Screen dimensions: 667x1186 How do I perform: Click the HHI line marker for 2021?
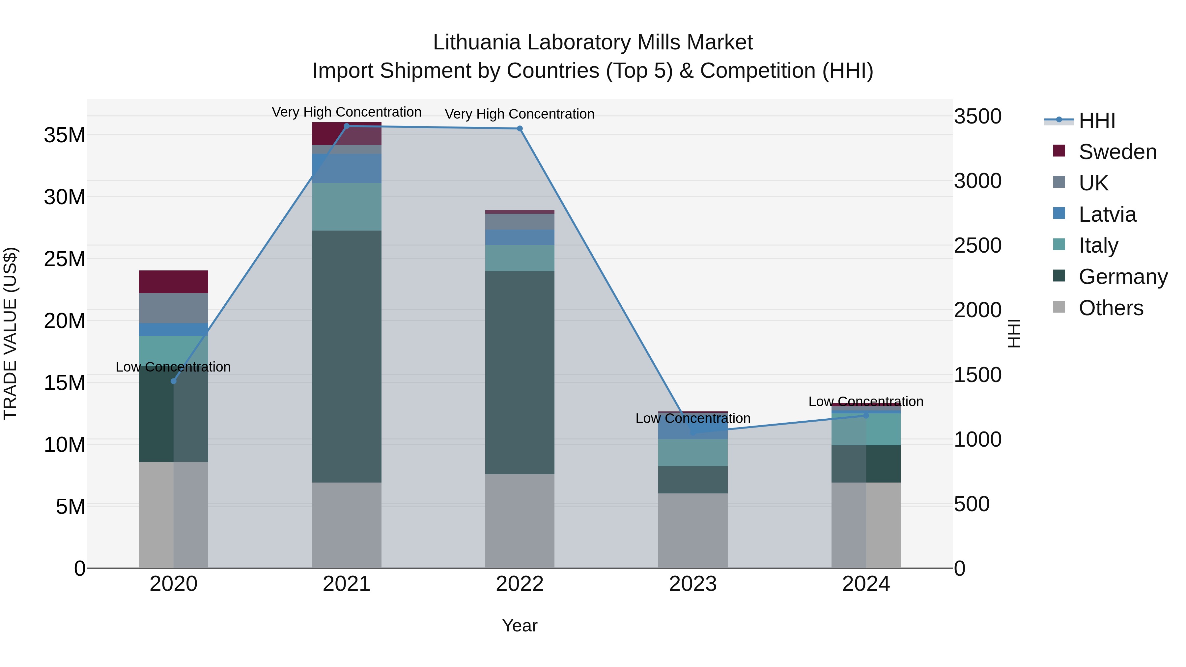tap(347, 126)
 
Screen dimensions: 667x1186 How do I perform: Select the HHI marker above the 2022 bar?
tap(520, 128)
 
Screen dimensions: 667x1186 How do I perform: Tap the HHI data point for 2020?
tap(174, 381)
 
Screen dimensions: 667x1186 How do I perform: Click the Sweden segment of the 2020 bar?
tap(174, 282)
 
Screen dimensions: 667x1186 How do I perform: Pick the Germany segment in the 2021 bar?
tap(347, 357)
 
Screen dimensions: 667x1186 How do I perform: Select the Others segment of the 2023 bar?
tap(693, 531)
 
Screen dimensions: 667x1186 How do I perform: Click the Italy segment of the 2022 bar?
tap(520, 258)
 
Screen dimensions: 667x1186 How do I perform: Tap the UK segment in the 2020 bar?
tap(174, 308)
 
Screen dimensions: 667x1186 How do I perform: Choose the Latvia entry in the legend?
tap(1107, 214)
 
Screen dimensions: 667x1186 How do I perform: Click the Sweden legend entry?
tap(1117, 152)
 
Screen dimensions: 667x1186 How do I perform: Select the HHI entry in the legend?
tap(1097, 121)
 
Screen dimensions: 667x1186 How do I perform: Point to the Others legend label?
tap(1111, 308)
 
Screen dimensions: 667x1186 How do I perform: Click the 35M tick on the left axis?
tap(65, 135)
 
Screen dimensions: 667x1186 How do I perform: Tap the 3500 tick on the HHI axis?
tap(977, 117)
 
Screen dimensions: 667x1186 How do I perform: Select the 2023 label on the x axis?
tap(693, 584)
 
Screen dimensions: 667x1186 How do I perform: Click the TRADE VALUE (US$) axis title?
tap(10, 333)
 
